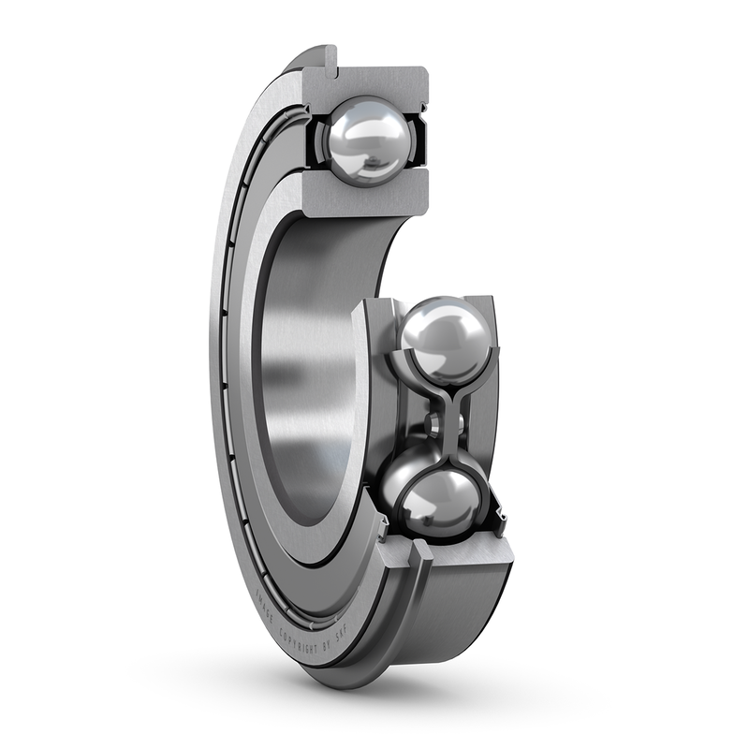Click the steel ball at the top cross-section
368,140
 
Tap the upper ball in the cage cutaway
446,339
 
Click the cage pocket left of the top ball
316,140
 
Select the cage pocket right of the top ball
418,140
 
